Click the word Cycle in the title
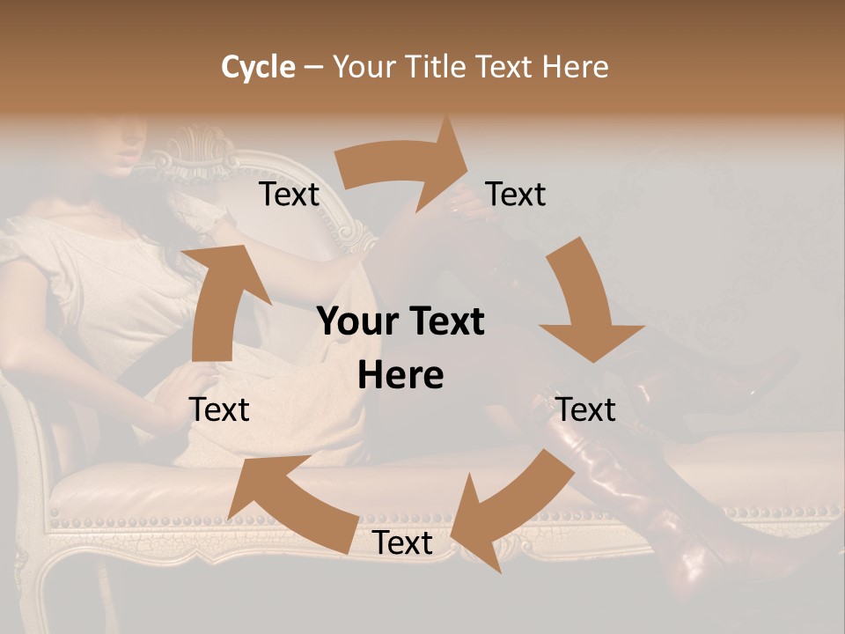(258, 67)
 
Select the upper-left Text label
(289, 195)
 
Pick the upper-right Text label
(516, 195)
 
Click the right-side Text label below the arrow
(585, 409)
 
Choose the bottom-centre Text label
(402, 543)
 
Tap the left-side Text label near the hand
(219, 409)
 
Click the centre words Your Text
(400, 322)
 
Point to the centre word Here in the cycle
(400, 376)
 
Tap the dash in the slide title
(313, 67)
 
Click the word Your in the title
(362, 67)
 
